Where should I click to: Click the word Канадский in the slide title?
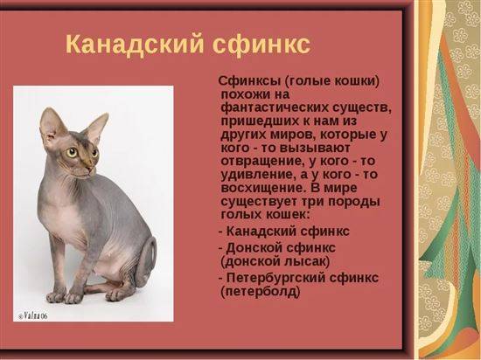pos(135,44)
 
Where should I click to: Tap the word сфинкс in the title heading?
pos(261,45)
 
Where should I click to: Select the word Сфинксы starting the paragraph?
pos(250,81)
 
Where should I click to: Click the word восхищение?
pos(263,188)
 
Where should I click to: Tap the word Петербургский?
pos(275,278)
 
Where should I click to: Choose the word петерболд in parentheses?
pos(260,291)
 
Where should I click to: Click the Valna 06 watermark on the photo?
pos(33,316)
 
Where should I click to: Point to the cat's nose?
pos(90,168)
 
